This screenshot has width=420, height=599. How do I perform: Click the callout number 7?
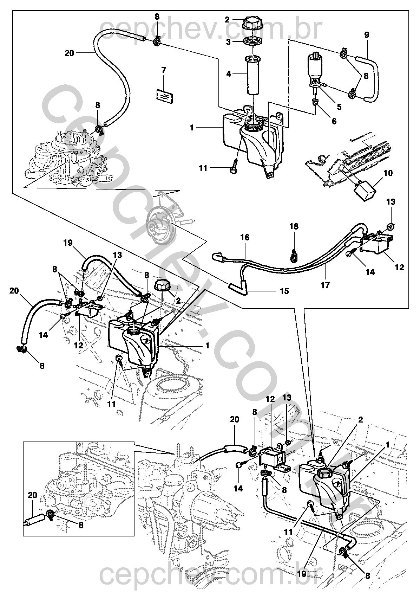(164, 70)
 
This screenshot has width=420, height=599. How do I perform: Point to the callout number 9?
(366, 35)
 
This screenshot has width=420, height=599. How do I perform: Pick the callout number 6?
(334, 121)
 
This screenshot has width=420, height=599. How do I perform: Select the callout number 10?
(388, 173)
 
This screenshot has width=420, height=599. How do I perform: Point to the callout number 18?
(294, 227)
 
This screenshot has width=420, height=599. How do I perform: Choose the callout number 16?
(245, 237)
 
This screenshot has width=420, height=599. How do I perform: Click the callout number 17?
(326, 285)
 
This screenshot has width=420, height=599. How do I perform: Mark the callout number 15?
(284, 291)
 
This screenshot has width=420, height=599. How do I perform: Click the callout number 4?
(229, 74)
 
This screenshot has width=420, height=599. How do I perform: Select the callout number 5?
(339, 107)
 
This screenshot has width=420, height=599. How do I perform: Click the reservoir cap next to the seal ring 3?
(252, 24)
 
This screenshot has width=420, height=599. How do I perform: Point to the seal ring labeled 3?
(252, 41)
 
